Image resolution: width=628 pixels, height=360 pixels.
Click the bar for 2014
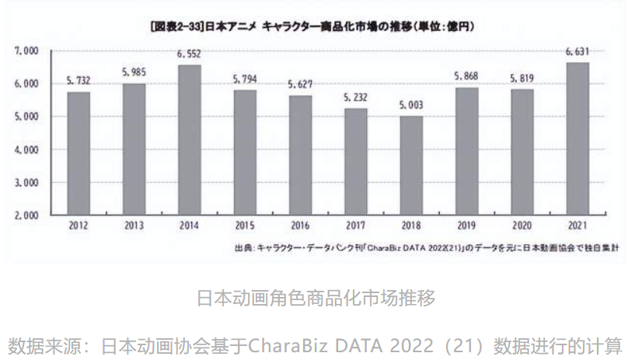coord(189,140)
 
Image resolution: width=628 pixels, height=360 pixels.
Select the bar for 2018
coord(411,166)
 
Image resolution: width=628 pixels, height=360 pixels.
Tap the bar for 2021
coord(577,138)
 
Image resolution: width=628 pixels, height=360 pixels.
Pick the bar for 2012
coord(78,153)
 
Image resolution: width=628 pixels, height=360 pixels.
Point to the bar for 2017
coord(356,162)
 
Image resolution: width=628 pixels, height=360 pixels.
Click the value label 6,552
coord(189,54)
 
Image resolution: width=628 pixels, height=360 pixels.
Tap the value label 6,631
coord(577,52)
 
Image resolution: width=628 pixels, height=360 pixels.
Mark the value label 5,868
coord(466,77)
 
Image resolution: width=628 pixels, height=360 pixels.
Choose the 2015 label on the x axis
coord(245,226)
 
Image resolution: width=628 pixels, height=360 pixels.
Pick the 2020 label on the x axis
coord(522,226)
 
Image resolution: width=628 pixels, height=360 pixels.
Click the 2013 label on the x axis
coord(134,226)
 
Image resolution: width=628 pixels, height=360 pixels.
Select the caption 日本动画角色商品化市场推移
coord(314,297)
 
